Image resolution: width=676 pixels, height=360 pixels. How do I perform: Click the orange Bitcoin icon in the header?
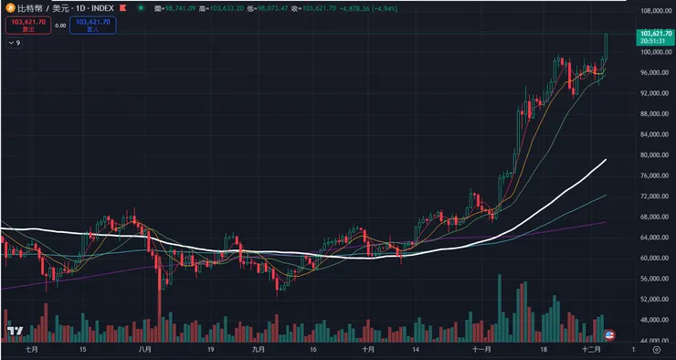tap(6, 7)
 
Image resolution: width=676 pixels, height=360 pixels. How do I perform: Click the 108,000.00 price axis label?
tap(653, 12)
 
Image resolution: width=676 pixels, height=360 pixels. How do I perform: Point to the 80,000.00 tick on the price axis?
tap(653, 155)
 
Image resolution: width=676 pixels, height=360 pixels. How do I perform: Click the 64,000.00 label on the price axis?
tap(653, 238)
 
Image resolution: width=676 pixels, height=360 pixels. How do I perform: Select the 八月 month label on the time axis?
tap(143, 349)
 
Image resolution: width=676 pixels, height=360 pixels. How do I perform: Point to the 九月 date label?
tap(258, 349)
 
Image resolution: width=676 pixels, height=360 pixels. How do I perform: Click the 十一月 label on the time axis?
tap(482, 349)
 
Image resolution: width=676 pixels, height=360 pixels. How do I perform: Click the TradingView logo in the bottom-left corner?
tap(15, 331)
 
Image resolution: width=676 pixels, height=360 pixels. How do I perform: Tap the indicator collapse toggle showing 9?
tap(14, 42)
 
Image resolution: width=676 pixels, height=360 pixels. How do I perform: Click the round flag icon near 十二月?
tap(610, 334)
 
